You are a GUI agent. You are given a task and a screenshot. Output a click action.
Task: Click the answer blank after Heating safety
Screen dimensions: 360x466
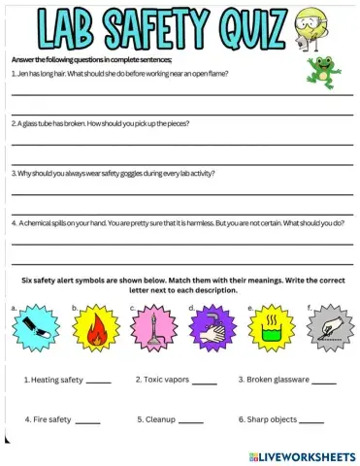(99, 382)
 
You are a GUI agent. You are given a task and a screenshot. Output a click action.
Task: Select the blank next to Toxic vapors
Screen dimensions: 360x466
(205, 382)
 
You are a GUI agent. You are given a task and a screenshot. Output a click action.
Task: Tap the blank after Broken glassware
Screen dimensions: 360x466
(324, 382)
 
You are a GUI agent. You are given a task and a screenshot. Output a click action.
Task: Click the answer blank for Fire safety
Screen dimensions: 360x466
(87, 422)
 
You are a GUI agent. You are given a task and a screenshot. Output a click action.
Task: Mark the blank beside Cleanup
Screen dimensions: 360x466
(191, 422)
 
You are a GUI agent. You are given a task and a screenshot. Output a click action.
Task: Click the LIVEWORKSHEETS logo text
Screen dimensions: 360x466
(308, 455)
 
